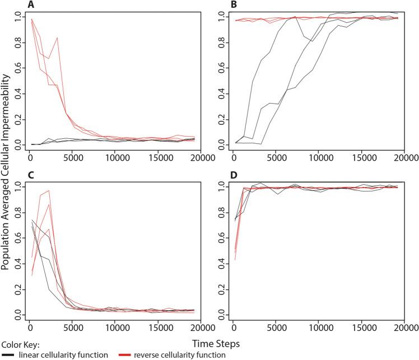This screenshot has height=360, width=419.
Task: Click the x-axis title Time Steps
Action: pyautogui.click(x=210, y=342)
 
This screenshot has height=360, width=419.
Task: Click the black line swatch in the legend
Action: pyautogui.click(x=8, y=354)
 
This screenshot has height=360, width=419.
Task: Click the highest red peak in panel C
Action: pyautogui.click(x=49, y=190)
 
